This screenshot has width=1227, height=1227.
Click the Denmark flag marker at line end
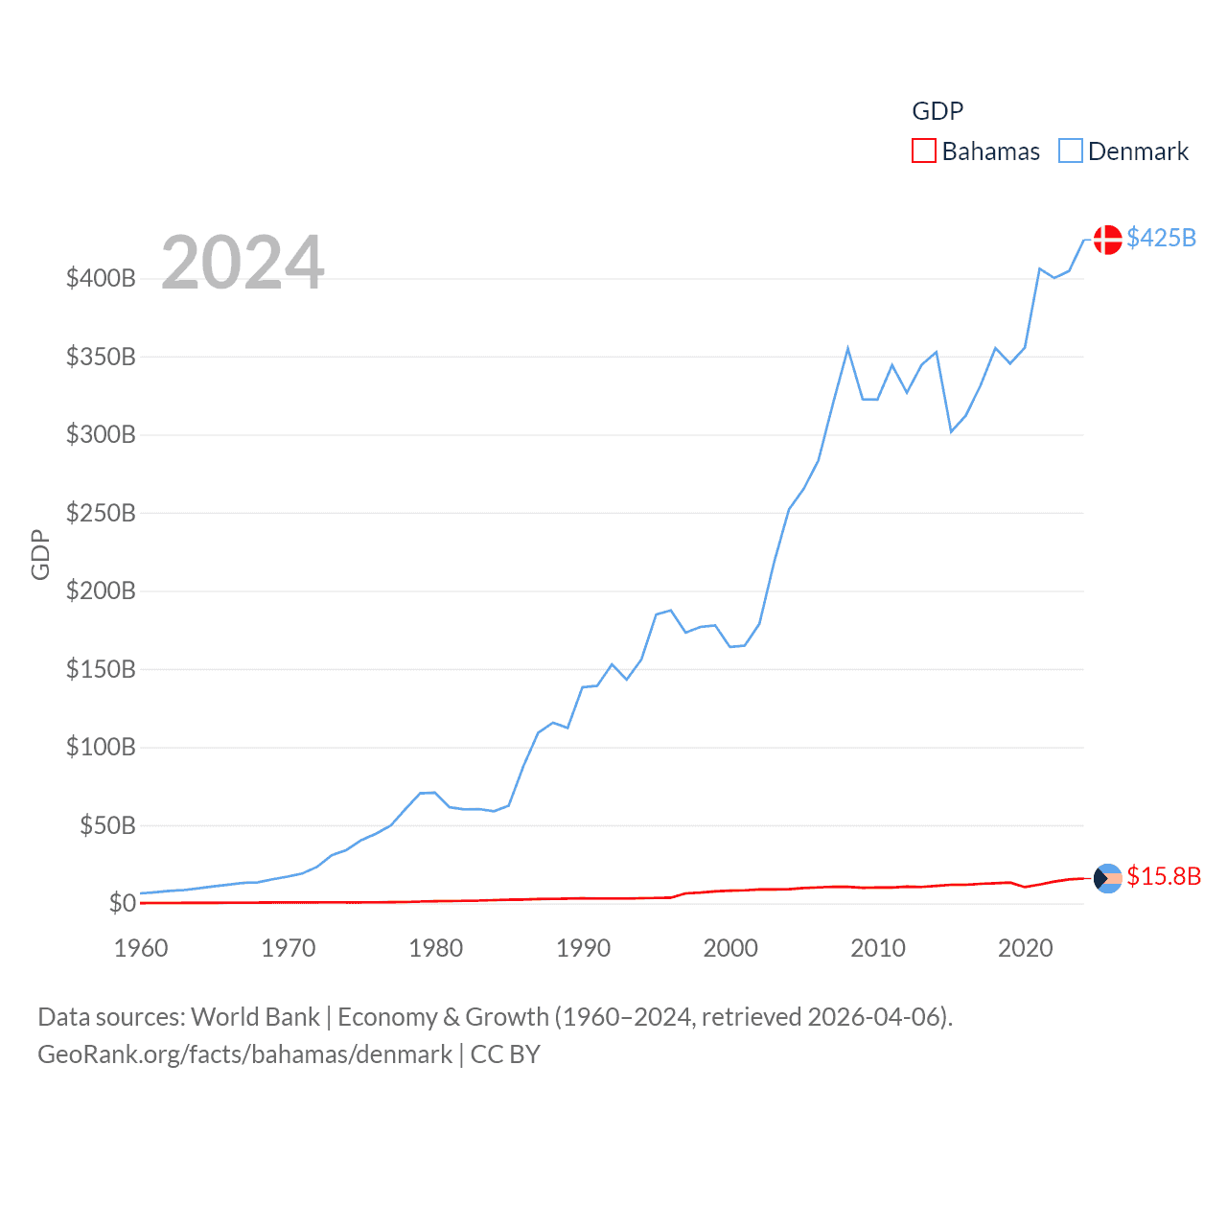pyautogui.click(x=1107, y=240)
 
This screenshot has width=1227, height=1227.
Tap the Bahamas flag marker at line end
pyautogui.click(x=1107, y=878)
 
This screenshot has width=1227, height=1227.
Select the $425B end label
pyautogui.click(x=1161, y=238)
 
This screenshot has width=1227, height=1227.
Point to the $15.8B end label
pyautogui.click(x=1163, y=876)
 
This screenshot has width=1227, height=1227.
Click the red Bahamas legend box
pyautogui.click(x=923, y=151)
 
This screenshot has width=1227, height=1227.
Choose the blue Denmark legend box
pyautogui.click(x=1070, y=151)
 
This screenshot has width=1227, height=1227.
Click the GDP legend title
pyautogui.click(x=937, y=111)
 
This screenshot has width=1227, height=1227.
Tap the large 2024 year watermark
pyautogui.click(x=243, y=263)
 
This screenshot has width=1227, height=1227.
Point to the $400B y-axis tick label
pyautogui.click(x=101, y=279)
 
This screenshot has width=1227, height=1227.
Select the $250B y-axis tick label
pyautogui.click(x=101, y=513)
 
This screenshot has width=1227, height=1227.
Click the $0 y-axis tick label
pyautogui.click(x=122, y=903)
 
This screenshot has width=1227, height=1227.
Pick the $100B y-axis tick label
pyautogui.click(x=101, y=747)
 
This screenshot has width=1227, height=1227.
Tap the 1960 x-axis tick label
pyautogui.click(x=141, y=948)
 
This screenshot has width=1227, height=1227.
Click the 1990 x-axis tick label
pyautogui.click(x=583, y=948)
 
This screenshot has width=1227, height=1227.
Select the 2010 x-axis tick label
pyautogui.click(x=878, y=948)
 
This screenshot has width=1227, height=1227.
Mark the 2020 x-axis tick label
pyautogui.click(x=1025, y=948)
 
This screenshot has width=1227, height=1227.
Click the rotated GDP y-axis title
pyautogui.click(x=40, y=554)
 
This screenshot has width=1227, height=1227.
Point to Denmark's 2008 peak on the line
pyautogui.click(x=847, y=349)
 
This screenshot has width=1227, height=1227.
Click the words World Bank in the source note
pyautogui.click(x=255, y=1017)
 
